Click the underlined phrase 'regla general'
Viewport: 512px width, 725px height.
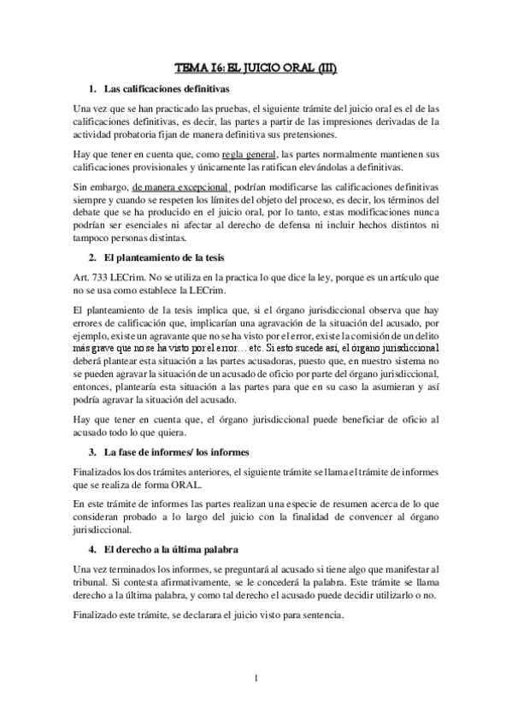249,154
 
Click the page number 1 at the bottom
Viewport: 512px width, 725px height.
256,680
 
